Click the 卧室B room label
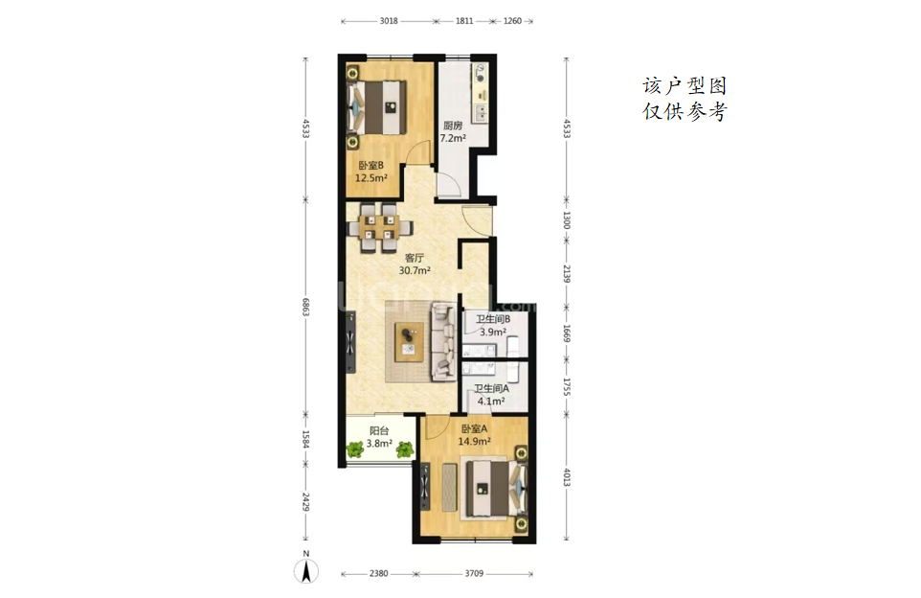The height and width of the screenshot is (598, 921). (371, 165)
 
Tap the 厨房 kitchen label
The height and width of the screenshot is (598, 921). (453, 126)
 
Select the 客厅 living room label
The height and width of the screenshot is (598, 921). (415, 258)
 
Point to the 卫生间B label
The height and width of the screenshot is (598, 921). (493, 319)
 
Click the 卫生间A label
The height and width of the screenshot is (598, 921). (492, 389)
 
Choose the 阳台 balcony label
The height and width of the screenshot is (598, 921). (379, 431)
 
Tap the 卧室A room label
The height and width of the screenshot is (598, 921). (475, 428)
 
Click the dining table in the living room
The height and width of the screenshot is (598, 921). (379, 227)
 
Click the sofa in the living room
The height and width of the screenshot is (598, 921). (444, 341)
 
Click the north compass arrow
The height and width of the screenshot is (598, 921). (306, 571)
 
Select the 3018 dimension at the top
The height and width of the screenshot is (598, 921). (389, 21)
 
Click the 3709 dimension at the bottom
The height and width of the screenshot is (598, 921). (474, 573)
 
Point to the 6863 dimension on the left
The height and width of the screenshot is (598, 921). (305, 307)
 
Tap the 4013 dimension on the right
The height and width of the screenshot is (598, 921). (566, 477)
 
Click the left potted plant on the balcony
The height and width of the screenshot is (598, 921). (355, 449)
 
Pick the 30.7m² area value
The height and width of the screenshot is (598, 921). (415, 271)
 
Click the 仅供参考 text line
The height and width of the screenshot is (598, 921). (685, 111)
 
